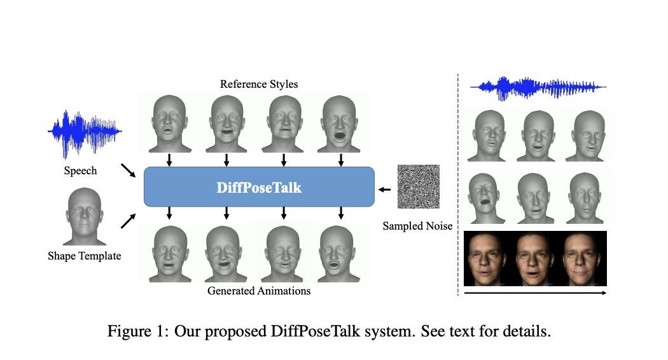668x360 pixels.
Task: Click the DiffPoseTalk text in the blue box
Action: click(x=258, y=188)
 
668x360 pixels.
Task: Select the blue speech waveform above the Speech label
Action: click(x=84, y=132)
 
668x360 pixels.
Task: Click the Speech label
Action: click(x=80, y=171)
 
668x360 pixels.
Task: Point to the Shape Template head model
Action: click(x=83, y=216)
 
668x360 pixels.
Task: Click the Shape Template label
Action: click(x=84, y=256)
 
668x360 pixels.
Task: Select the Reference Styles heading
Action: click(x=258, y=84)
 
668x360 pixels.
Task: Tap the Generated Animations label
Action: click(x=258, y=291)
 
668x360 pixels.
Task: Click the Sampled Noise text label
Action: click(x=417, y=226)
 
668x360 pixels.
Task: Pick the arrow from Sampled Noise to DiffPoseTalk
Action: click(x=385, y=188)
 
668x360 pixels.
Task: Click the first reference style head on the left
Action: click(x=169, y=123)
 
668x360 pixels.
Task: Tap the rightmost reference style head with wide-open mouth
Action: click(x=341, y=123)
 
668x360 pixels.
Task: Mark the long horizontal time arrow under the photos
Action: click(x=534, y=293)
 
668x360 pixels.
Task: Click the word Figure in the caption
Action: click(x=129, y=331)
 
